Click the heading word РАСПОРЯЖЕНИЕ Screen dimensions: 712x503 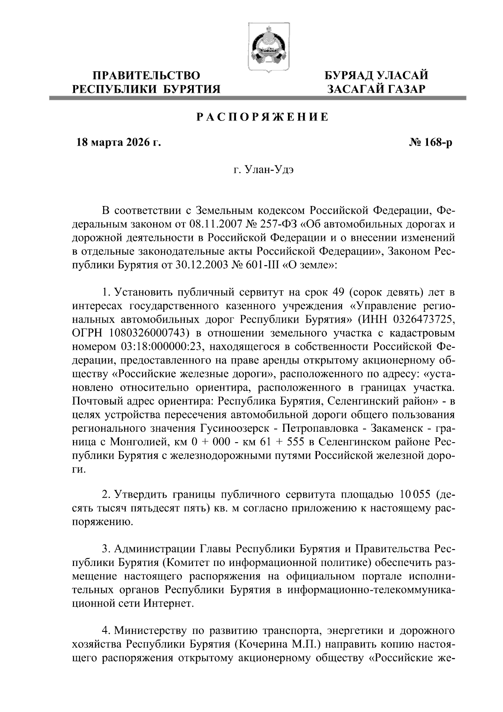[263, 117]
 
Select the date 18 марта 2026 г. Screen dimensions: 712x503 [118, 143]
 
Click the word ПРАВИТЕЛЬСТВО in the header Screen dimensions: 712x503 [146, 76]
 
